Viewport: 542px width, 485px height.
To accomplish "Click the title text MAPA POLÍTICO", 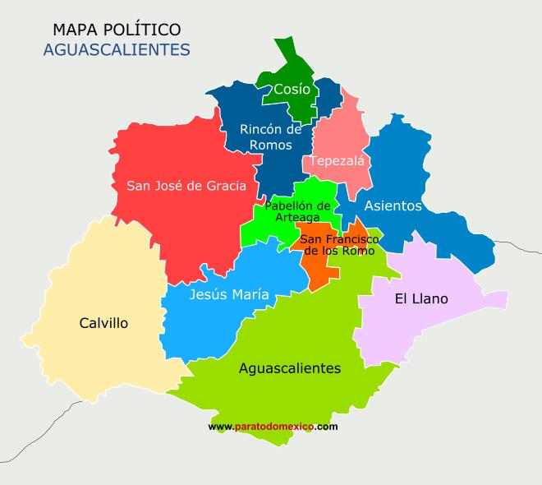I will [116, 30].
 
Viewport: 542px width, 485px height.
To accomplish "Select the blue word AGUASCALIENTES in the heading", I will [116, 50].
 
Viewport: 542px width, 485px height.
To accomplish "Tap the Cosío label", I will [292, 89].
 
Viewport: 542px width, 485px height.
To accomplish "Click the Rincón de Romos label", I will [270, 136].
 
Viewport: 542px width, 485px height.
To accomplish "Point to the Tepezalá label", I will [337, 160].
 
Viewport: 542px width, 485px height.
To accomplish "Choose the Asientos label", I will [393, 206].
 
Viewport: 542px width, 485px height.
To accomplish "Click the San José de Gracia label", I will [186, 186].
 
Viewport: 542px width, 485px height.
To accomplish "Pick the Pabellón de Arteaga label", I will [297, 210].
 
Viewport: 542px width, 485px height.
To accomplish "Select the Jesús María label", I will [228, 294].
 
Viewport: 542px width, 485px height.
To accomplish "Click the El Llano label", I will [421, 298].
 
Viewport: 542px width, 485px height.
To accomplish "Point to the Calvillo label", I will [103, 323].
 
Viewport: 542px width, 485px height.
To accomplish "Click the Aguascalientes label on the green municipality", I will [289, 368].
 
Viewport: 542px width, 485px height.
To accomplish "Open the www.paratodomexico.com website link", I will [273, 427].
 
